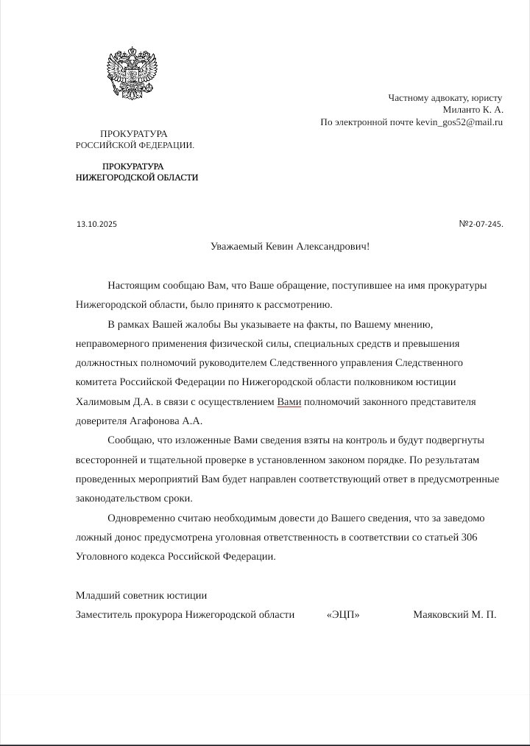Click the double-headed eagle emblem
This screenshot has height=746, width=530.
132,73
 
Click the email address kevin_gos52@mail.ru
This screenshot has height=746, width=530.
459,122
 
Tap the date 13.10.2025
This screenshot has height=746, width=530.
96,224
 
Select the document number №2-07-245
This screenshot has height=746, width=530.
481,224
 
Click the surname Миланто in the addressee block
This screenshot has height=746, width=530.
461,110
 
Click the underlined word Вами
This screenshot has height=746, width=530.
289,402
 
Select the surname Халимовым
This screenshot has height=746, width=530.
102,402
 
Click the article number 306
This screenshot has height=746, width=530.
469,538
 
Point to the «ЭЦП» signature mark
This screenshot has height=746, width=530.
343,615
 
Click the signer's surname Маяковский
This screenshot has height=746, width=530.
441,615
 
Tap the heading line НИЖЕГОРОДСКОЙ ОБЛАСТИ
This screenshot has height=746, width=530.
137,177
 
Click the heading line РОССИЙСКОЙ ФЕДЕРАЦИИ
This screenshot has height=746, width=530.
135,145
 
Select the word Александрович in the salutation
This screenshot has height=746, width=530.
333,246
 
